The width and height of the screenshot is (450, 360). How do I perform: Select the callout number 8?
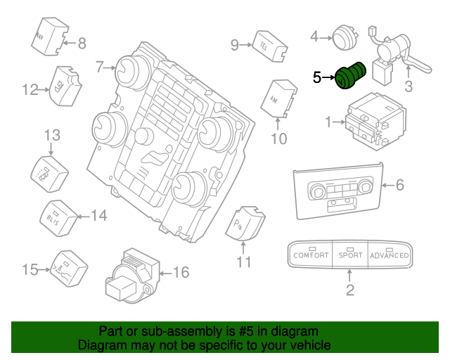click(x=82, y=44)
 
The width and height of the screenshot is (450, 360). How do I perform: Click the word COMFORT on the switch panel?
click(x=310, y=255)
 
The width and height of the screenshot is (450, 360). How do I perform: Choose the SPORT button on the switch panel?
click(x=349, y=255)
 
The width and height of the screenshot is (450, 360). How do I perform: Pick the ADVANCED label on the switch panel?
click(x=389, y=255)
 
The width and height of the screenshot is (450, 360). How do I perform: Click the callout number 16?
click(x=181, y=271)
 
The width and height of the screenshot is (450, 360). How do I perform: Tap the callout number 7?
click(x=100, y=67)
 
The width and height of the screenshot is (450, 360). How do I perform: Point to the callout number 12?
click(x=30, y=89)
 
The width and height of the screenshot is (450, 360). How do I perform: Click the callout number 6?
click(x=400, y=186)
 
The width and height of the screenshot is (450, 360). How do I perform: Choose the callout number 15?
click(x=30, y=269)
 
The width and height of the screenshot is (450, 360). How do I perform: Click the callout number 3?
click(x=407, y=87)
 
